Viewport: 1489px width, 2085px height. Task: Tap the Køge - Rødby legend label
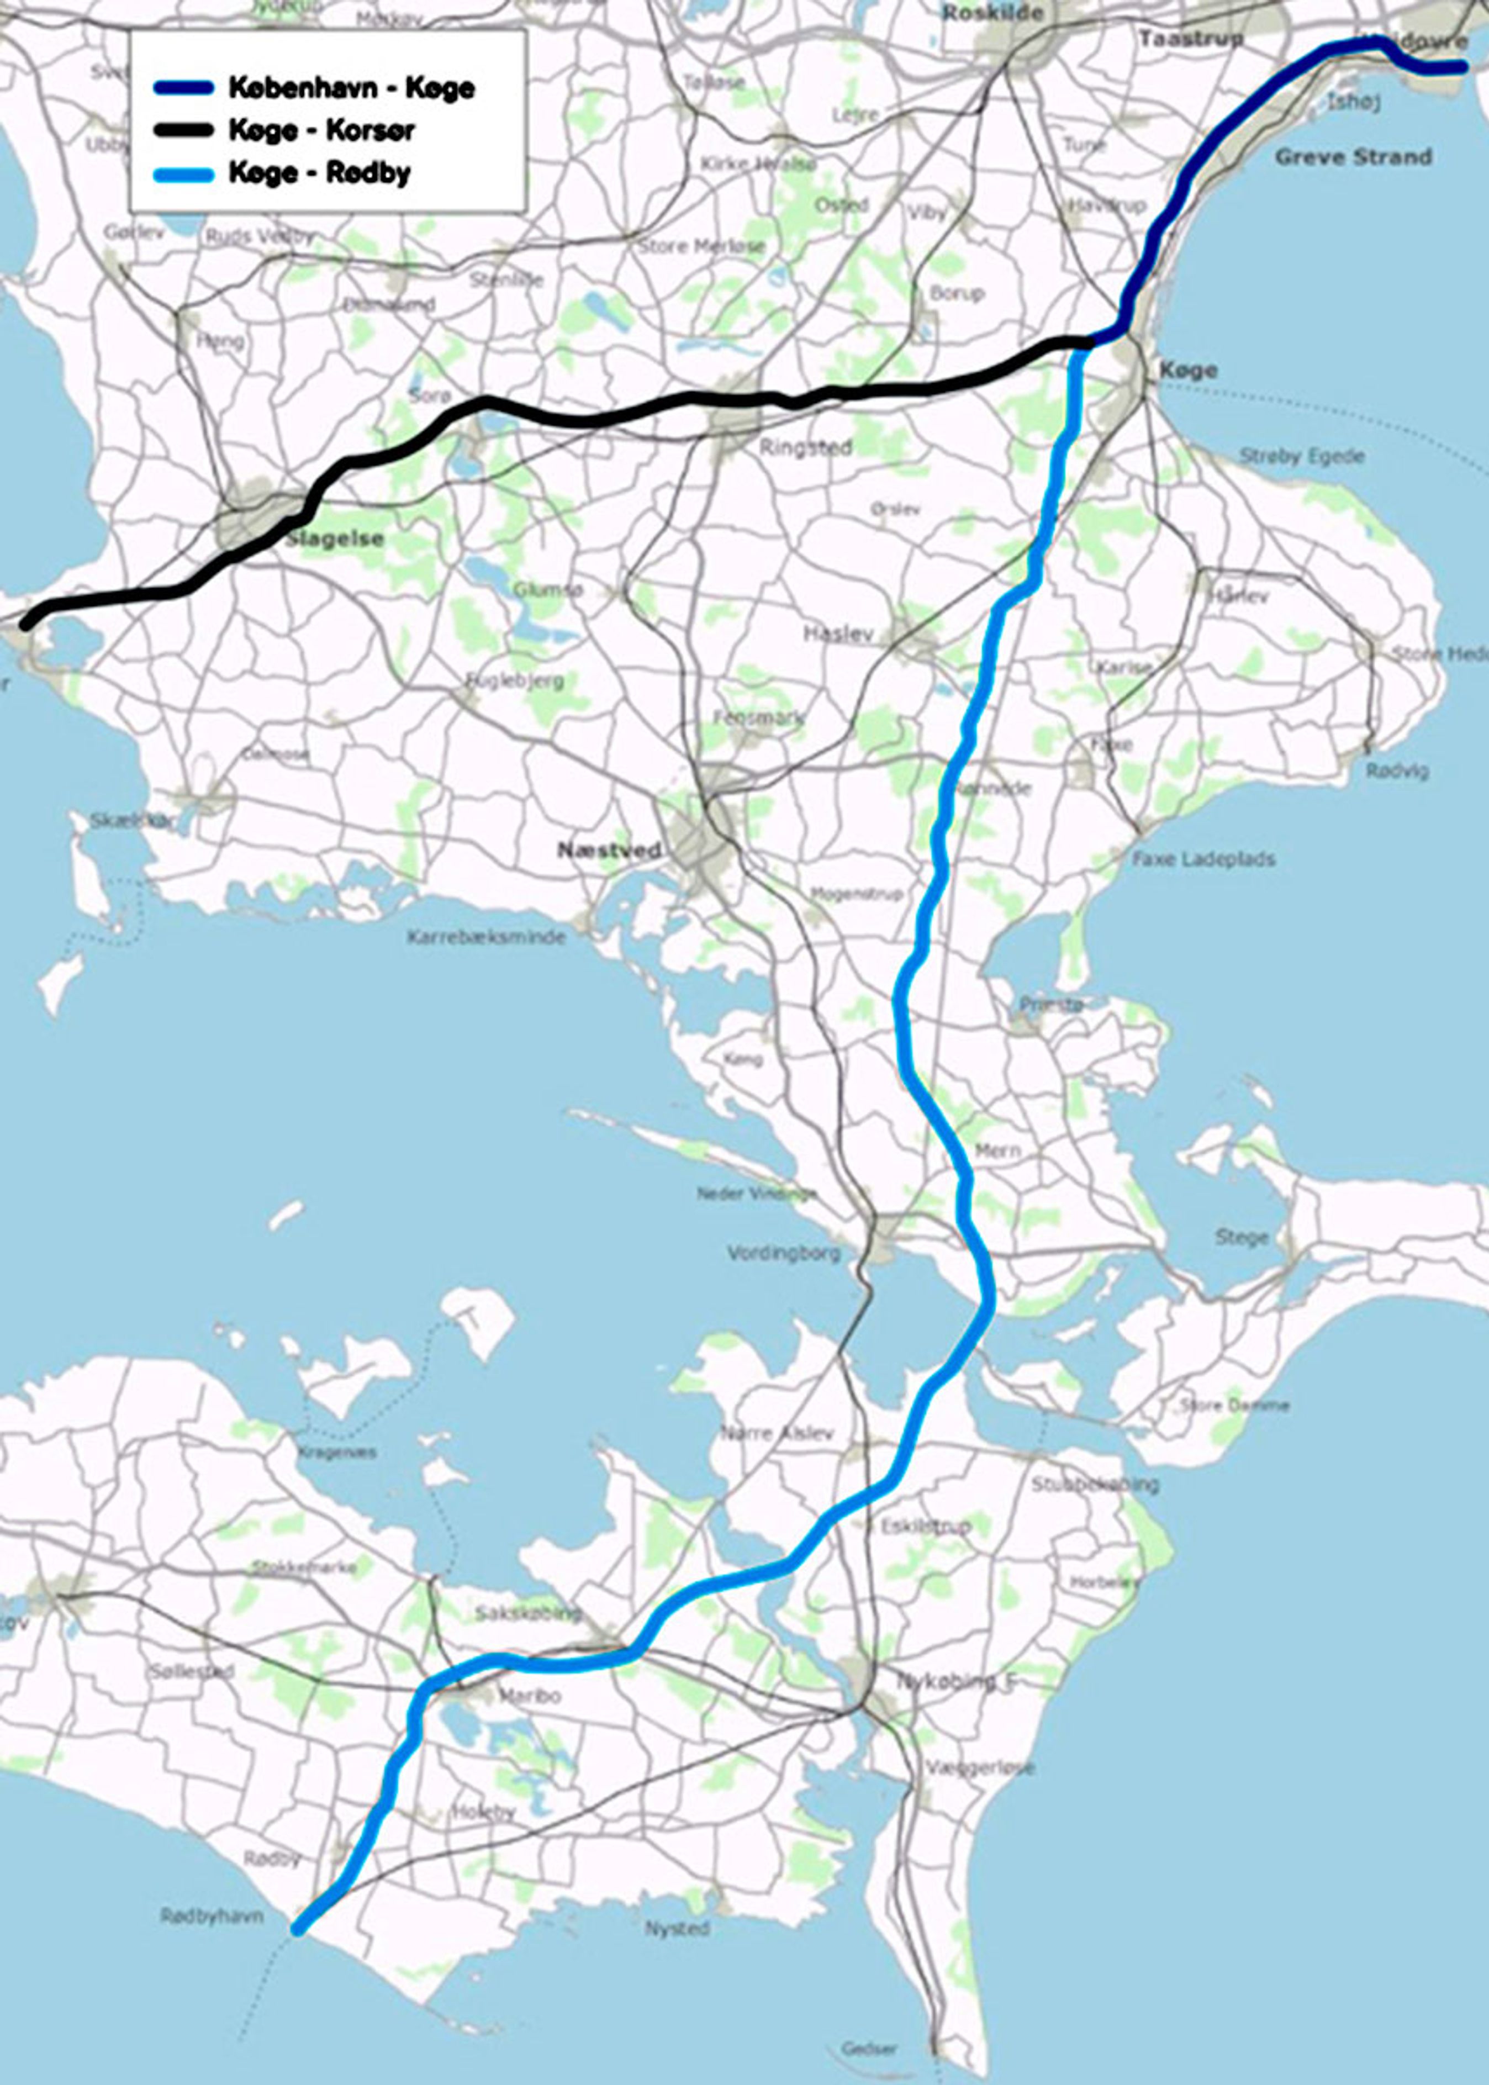(319, 173)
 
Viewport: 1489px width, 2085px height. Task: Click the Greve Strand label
(1353, 157)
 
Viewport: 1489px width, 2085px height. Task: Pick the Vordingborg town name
(784, 1253)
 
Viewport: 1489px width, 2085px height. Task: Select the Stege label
(1242, 1238)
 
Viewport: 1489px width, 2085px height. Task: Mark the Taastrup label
(1191, 39)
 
